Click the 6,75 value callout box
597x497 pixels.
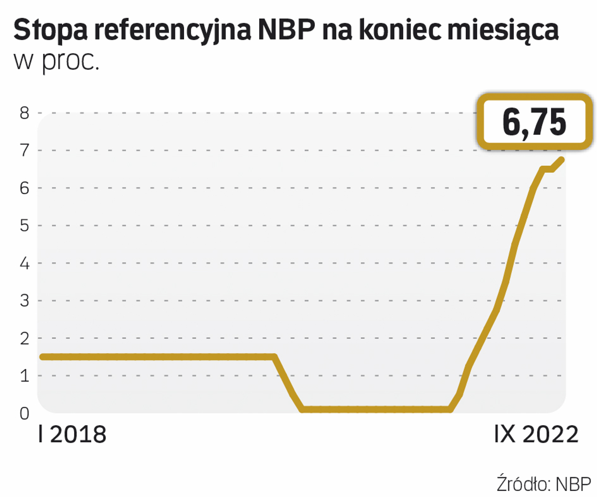tap(534, 122)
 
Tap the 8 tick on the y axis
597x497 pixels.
tap(24, 113)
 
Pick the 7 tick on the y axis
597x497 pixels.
tap(24, 150)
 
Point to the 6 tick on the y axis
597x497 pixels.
tap(24, 188)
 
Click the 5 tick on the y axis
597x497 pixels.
tap(24, 225)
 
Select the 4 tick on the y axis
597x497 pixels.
tap(24, 264)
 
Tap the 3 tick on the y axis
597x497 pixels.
tap(24, 301)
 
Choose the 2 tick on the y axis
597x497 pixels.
tap(24, 339)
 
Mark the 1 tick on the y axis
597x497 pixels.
tap(24, 376)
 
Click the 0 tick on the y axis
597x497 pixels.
tap(24, 414)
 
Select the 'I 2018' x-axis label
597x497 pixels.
tap(72, 434)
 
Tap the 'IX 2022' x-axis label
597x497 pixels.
tap(536, 434)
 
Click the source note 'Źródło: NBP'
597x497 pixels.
tap(544, 484)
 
